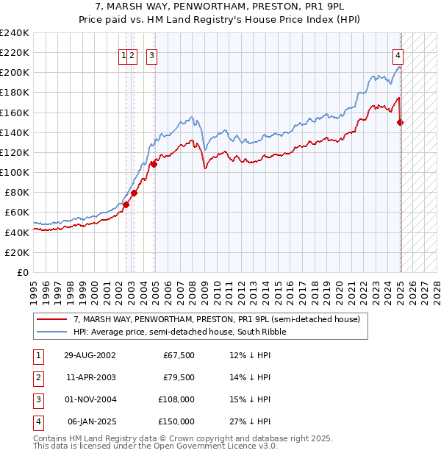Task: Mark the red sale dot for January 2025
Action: click(x=401, y=122)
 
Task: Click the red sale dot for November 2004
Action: click(x=154, y=164)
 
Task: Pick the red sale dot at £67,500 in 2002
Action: click(x=126, y=204)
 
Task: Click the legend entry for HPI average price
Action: click(x=179, y=332)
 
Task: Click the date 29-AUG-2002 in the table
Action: click(x=90, y=355)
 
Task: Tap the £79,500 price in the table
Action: click(x=179, y=377)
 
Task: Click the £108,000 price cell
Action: click(x=176, y=399)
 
